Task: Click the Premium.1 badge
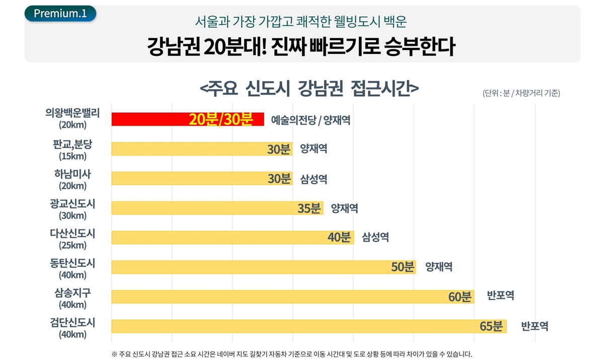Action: click(x=60, y=14)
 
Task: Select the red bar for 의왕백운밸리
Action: click(x=151, y=119)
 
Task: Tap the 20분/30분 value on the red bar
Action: click(x=220, y=120)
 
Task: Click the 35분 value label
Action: click(x=309, y=208)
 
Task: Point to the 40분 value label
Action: click(x=339, y=237)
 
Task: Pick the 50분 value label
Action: click(x=402, y=267)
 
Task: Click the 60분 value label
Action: click(x=460, y=297)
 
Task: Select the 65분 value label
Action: click(x=491, y=326)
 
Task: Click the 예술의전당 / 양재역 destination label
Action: click(x=311, y=120)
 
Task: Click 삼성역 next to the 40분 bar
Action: click(x=375, y=237)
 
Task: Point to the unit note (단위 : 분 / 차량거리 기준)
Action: click(x=521, y=93)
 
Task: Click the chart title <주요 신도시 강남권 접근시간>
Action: click(x=309, y=89)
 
